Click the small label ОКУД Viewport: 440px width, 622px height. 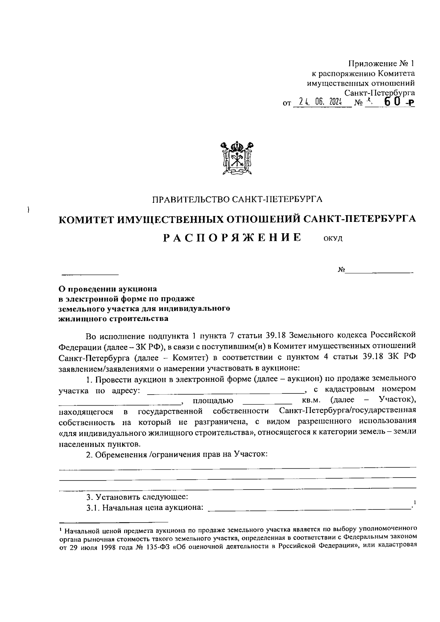[333, 239]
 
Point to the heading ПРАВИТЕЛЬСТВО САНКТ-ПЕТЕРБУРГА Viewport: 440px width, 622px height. [237, 200]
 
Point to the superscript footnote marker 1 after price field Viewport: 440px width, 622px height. [414, 502]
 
